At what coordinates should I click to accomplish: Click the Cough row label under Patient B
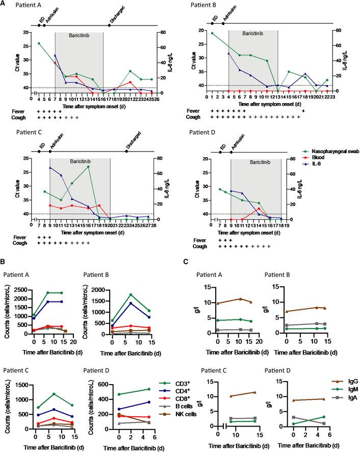(194, 117)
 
